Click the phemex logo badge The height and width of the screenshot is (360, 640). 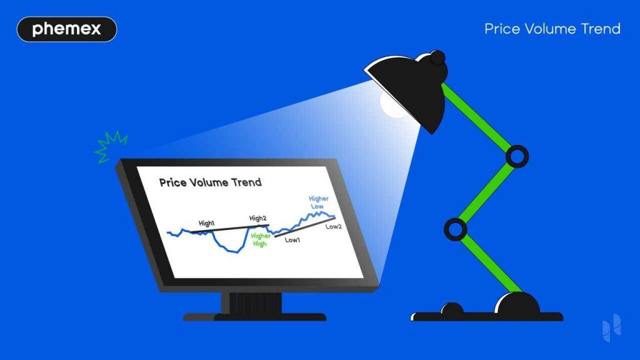[x=66, y=29]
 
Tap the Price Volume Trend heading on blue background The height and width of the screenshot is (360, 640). [x=552, y=29]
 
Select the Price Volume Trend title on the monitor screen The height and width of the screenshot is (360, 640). [x=210, y=182]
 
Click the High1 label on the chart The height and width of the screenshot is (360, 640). [x=207, y=223]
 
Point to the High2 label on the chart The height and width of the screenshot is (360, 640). [x=258, y=218]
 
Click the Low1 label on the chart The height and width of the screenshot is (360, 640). [x=292, y=239]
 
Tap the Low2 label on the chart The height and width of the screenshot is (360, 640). [x=334, y=227]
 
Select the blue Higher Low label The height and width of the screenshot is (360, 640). [x=319, y=202]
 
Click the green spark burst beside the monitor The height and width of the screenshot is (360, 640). [x=111, y=147]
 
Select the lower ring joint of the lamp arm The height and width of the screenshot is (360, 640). [x=456, y=229]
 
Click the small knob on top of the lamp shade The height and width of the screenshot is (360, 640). [x=437, y=58]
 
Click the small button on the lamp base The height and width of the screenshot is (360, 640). [x=451, y=309]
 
